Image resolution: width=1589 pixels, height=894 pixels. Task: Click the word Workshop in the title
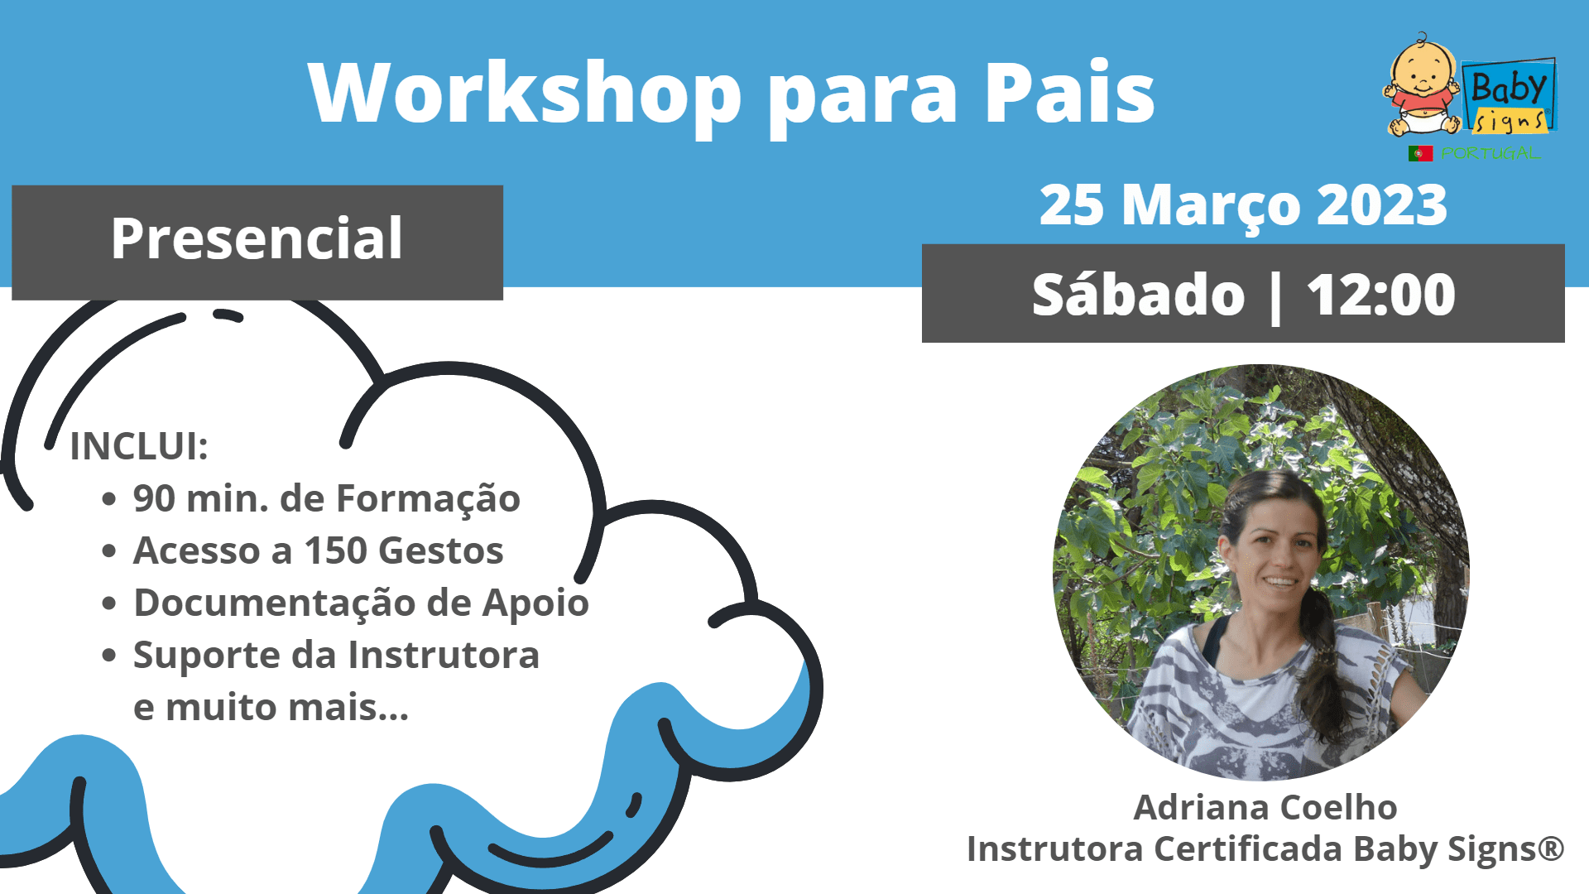click(x=525, y=92)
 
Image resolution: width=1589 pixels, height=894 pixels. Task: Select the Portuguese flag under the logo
click(x=1420, y=153)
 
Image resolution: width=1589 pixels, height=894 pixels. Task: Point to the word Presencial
click(x=257, y=238)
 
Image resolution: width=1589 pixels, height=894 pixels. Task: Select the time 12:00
click(x=1380, y=295)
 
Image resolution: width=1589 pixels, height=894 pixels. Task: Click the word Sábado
click(x=1138, y=295)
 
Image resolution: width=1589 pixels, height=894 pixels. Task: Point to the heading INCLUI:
click(x=139, y=446)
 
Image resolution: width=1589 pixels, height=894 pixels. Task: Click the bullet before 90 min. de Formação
click(x=109, y=499)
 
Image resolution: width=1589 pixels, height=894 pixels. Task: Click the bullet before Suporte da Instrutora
click(x=109, y=656)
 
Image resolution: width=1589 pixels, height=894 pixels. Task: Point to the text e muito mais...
click(x=271, y=707)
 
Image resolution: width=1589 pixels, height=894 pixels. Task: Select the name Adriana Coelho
click(x=1265, y=807)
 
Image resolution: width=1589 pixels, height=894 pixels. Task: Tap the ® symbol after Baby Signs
click(x=1551, y=846)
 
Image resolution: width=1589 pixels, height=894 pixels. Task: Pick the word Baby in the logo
click(x=1508, y=87)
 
